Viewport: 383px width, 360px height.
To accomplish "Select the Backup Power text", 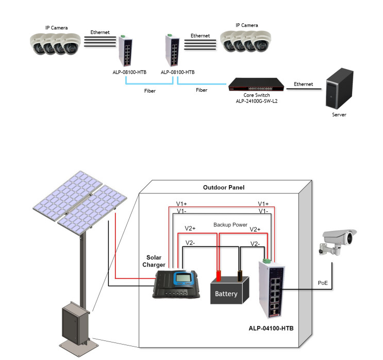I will click(x=230, y=225).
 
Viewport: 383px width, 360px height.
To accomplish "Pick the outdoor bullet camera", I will click(x=338, y=241).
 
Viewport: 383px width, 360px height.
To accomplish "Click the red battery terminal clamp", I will click(x=219, y=275).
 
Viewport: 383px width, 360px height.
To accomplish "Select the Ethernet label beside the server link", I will click(x=304, y=84).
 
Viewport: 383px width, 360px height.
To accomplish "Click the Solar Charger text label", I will click(x=156, y=261).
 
